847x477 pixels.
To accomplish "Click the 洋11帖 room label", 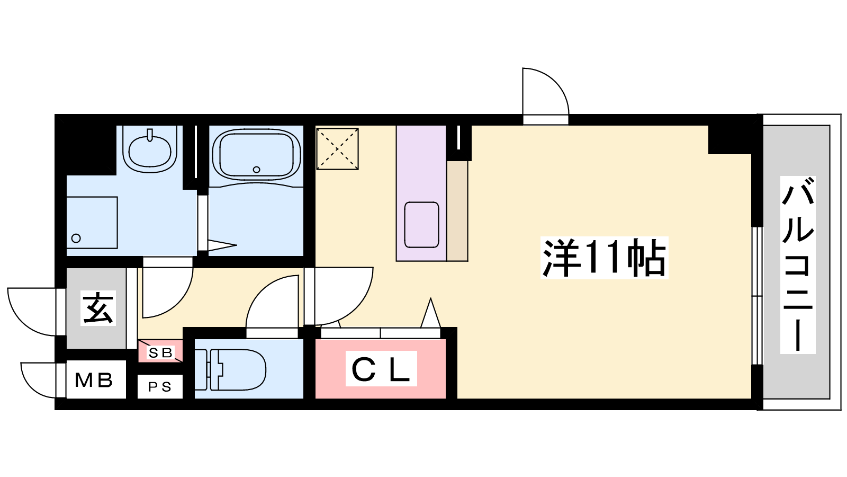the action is [x=604, y=258].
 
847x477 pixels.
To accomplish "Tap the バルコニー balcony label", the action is [x=798, y=264].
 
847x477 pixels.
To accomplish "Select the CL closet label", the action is [x=381, y=368].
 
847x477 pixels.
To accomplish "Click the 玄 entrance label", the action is [x=98, y=308].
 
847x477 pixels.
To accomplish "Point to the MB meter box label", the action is [x=94, y=381].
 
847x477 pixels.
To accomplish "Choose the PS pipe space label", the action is [x=159, y=387].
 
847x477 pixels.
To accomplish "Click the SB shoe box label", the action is [x=160, y=353].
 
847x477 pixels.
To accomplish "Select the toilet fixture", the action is [x=231, y=370].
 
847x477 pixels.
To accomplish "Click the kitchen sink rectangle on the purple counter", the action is [x=421, y=225].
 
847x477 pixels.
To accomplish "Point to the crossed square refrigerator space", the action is [x=337, y=149].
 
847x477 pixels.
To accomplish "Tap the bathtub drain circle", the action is [x=257, y=170].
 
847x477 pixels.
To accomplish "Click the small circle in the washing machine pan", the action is [x=76, y=238].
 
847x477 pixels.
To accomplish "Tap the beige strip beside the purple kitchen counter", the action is [x=457, y=211].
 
